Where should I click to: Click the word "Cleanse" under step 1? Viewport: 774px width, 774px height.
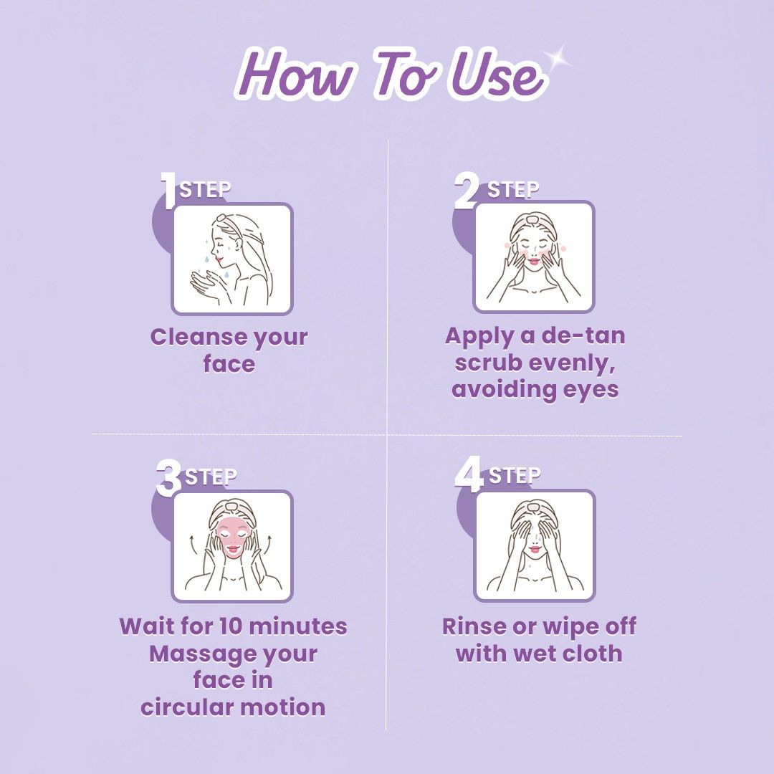(189, 337)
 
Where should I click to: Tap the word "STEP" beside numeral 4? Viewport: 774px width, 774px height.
(515, 475)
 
